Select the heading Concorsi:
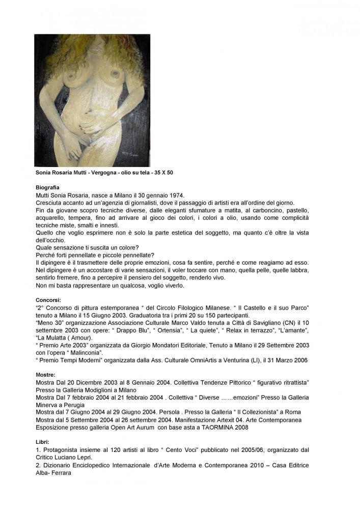(48, 300)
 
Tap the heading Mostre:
(46, 374)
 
